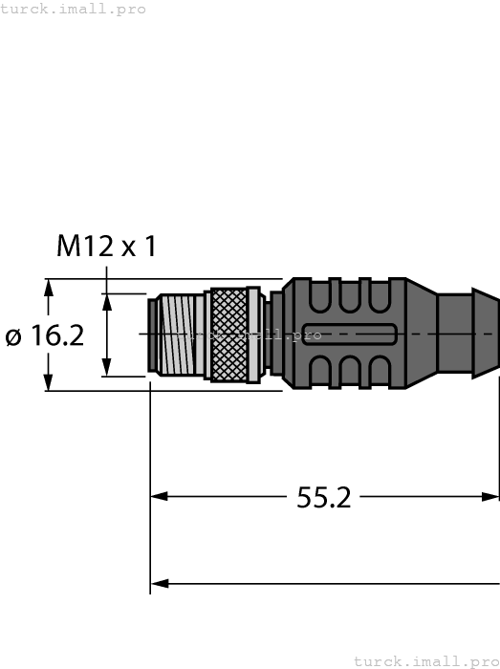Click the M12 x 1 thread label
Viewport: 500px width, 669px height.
pos(106,247)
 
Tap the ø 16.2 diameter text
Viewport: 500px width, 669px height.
pos(44,336)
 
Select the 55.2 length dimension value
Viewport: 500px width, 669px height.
pos(324,497)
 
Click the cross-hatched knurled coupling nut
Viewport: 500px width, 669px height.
pos(234,334)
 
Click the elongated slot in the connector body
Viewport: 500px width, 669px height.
pos(348,334)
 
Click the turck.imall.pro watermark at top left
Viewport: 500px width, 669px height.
pos(74,9)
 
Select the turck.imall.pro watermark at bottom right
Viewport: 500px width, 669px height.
pos(425,660)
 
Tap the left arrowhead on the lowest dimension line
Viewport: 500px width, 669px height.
pos(160,582)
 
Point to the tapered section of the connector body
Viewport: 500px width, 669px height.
pos(419,334)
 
